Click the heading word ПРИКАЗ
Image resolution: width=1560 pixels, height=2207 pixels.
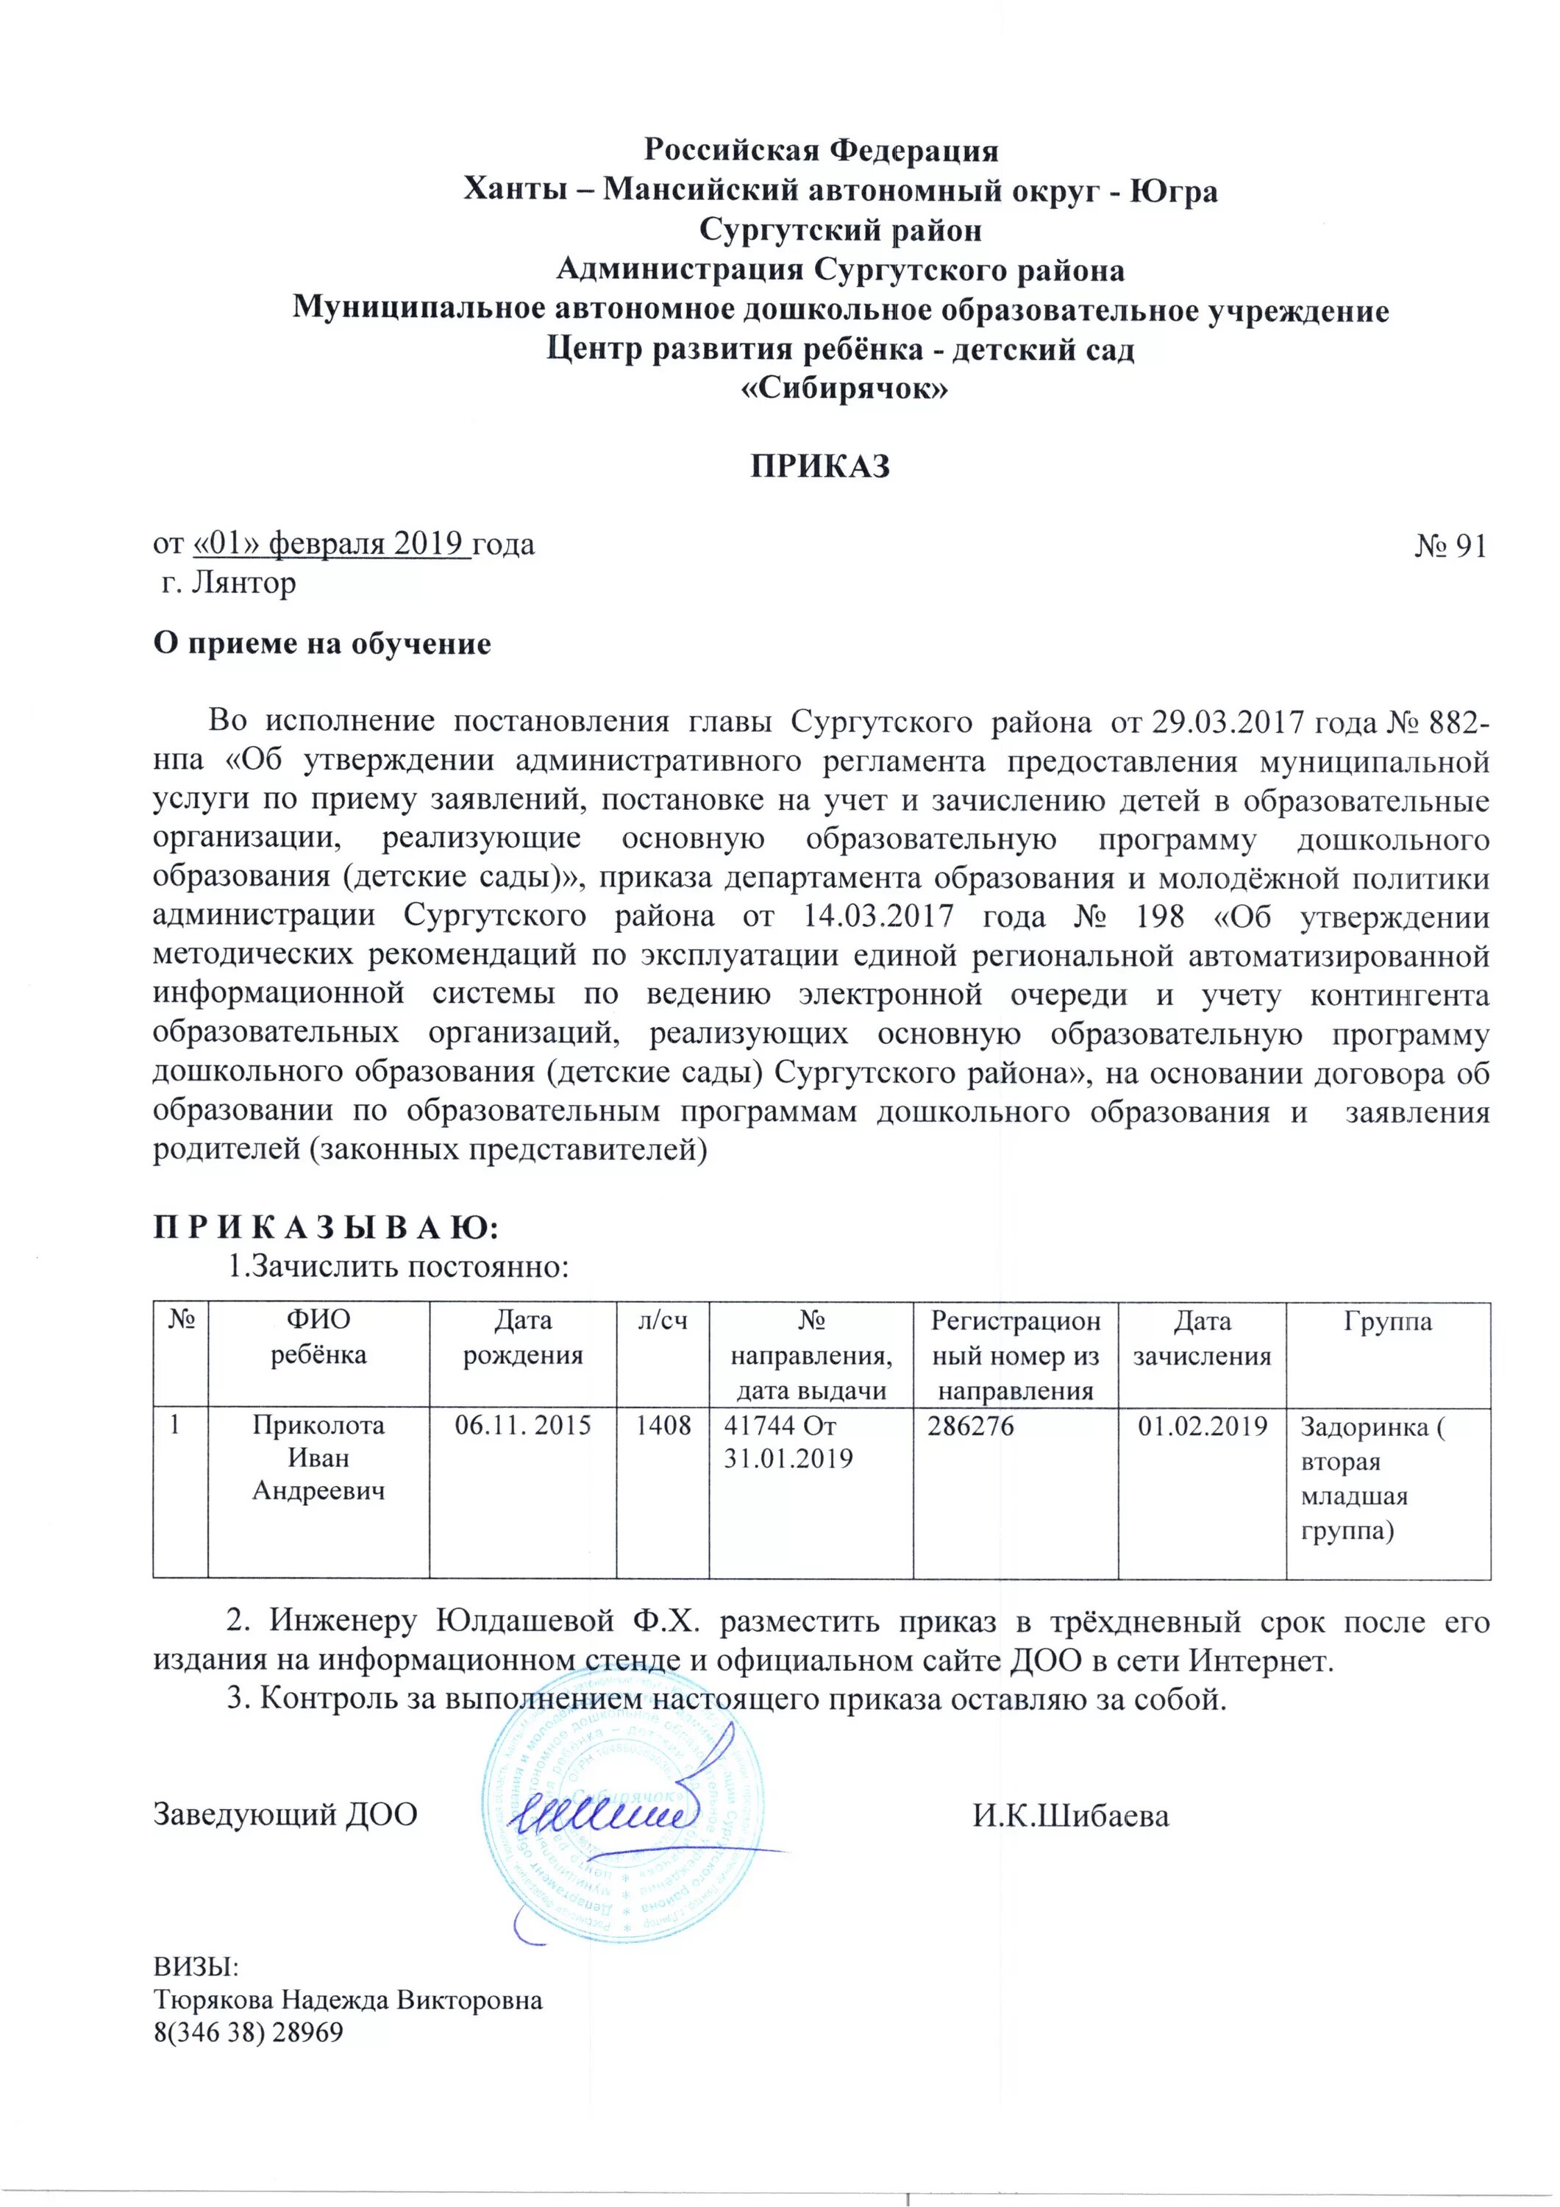[x=820, y=466]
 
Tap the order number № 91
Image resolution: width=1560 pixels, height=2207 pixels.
[x=1450, y=546]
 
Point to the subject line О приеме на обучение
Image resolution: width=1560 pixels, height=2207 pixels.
[x=322, y=644]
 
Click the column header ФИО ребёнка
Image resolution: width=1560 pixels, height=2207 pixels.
[x=318, y=1338]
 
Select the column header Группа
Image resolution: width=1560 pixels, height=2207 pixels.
[x=1387, y=1322]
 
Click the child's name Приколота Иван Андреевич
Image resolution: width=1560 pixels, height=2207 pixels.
[x=318, y=1457]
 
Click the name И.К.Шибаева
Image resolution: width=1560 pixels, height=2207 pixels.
[x=1071, y=1816]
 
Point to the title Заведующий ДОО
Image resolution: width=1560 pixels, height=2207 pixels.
[x=285, y=1815]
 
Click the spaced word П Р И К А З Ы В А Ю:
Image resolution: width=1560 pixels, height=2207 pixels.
[x=327, y=1229]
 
